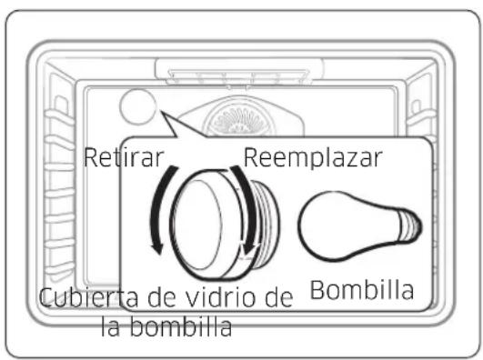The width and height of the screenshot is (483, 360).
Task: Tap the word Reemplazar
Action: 312,155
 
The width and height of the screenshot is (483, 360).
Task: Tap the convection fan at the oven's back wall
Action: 238,117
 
